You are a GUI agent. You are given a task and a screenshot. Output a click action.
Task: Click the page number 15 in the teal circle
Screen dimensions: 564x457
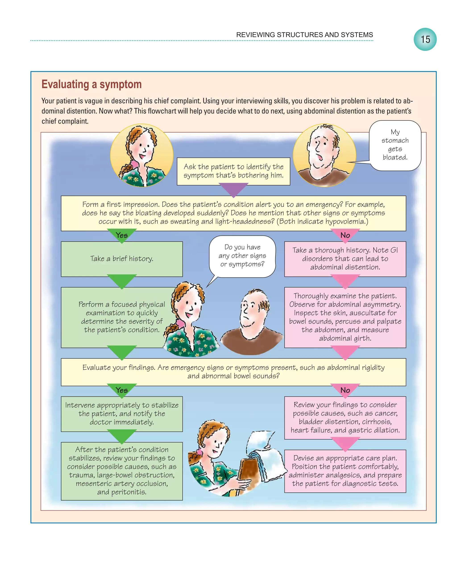425,40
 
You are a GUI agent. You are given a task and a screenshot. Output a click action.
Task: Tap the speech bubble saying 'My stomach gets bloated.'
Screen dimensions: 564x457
395,145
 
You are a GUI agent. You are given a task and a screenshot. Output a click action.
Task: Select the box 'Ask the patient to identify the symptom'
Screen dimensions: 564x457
233,171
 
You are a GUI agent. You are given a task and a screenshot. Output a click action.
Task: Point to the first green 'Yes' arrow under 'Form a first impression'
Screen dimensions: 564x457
122,235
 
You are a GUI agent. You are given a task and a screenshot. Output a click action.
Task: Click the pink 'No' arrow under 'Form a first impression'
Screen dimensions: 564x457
345,235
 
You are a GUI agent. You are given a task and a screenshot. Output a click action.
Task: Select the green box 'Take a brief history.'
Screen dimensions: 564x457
122,259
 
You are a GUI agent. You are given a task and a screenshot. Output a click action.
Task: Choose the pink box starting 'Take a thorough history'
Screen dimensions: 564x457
345,259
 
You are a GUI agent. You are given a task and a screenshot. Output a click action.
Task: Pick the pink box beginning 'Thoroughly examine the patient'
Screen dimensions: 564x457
345,317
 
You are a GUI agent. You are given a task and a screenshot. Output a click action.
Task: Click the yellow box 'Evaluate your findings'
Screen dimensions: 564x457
233,372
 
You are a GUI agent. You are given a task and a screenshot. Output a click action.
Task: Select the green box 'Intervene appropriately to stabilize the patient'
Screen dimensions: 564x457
122,414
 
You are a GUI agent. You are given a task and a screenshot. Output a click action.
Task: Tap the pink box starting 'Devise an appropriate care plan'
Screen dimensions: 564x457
345,471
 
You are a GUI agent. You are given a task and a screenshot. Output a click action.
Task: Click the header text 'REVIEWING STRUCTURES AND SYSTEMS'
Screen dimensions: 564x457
304,35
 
